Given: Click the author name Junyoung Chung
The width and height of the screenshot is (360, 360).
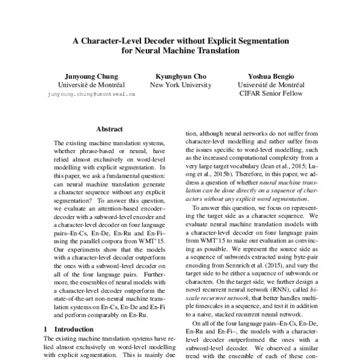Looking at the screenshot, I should [x=92, y=76].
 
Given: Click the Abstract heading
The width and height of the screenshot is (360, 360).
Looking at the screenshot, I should [x=109, y=130].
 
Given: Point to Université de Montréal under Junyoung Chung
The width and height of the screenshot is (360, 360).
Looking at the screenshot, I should [x=92, y=85].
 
